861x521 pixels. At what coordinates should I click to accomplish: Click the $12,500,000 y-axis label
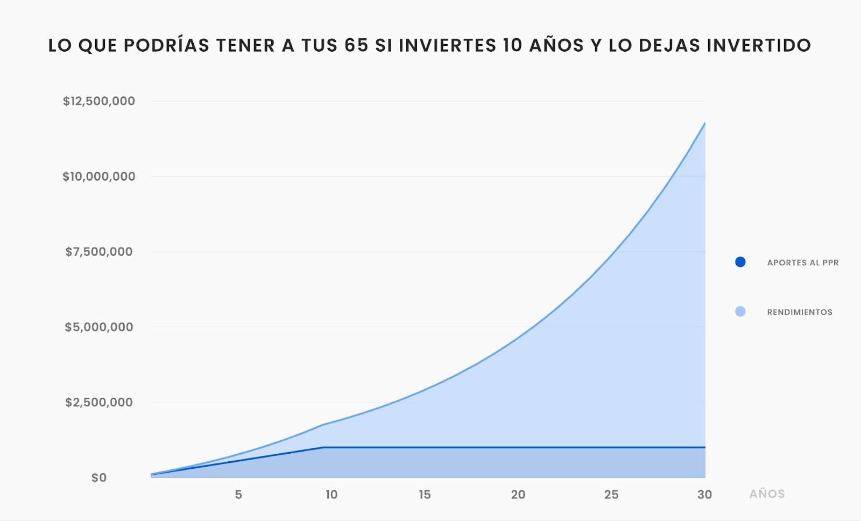point(99,101)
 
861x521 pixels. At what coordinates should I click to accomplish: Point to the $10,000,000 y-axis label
point(99,177)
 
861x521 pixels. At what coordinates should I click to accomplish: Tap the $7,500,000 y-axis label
point(99,252)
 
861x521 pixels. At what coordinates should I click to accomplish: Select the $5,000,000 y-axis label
point(99,327)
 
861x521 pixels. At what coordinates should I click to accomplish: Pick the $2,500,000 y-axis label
point(99,403)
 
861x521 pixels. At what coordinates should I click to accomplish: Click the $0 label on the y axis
point(99,478)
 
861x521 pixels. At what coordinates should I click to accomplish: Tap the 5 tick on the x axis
point(238,495)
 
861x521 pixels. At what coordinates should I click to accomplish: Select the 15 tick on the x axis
point(425,495)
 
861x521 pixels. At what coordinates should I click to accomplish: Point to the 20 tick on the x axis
point(518,495)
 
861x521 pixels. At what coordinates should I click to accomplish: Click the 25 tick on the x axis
point(611,495)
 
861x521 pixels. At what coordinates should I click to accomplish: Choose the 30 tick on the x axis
point(704,495)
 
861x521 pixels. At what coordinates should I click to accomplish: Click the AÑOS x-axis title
point(767,494)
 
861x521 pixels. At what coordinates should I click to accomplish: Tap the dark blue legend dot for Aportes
point(740,262)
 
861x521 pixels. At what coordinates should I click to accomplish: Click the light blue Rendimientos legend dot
point(740,312)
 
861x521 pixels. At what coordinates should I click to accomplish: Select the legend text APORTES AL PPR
point(803,263)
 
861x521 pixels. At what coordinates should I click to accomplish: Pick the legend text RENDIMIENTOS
point(800,312)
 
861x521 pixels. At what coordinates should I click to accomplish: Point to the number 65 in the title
point(356,45)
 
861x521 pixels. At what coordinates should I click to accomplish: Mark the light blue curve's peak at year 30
point(705,123)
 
